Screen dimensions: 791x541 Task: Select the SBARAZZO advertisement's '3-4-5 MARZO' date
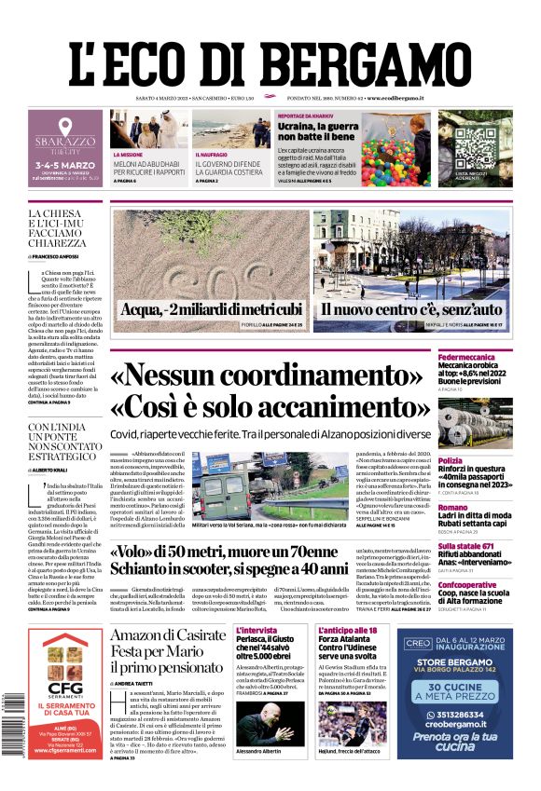(x=64, y=160)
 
